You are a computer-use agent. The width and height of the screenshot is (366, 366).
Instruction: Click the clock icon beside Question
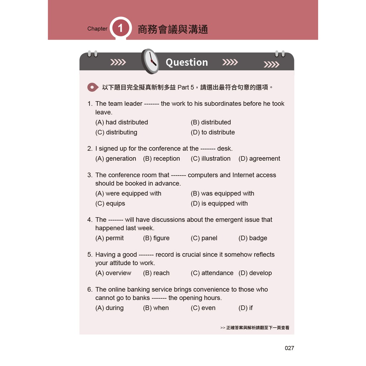[150, 61]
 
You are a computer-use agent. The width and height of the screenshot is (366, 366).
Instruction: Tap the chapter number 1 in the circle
[120, 28]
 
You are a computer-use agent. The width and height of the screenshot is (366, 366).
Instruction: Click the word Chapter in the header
[97, 29]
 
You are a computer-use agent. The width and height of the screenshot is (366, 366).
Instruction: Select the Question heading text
[187, 62]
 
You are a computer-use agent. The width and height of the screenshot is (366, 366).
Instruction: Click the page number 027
[289, 348]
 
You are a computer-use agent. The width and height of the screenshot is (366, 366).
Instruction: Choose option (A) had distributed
[122, 122]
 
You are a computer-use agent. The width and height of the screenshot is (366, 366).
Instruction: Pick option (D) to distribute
[213, 132]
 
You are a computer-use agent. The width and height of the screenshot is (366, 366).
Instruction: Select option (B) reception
[162, 159]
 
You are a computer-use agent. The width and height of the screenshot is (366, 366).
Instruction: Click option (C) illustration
[211, 159]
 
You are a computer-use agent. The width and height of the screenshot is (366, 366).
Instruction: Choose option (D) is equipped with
[219, 203]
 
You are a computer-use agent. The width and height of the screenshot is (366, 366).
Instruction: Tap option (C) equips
[110, 203]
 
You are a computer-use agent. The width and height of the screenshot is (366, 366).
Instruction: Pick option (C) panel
[204, 238]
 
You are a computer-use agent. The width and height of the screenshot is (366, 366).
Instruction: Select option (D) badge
[253, 238]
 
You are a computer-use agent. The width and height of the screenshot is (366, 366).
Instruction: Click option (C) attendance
[212, 273]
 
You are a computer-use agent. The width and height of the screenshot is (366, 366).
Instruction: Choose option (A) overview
[113, 273]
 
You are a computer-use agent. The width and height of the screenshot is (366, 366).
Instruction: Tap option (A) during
[109, 308]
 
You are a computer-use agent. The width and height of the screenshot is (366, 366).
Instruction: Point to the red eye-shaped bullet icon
[93, 87]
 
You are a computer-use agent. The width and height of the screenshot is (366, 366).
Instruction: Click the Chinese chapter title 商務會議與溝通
[173, 29]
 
